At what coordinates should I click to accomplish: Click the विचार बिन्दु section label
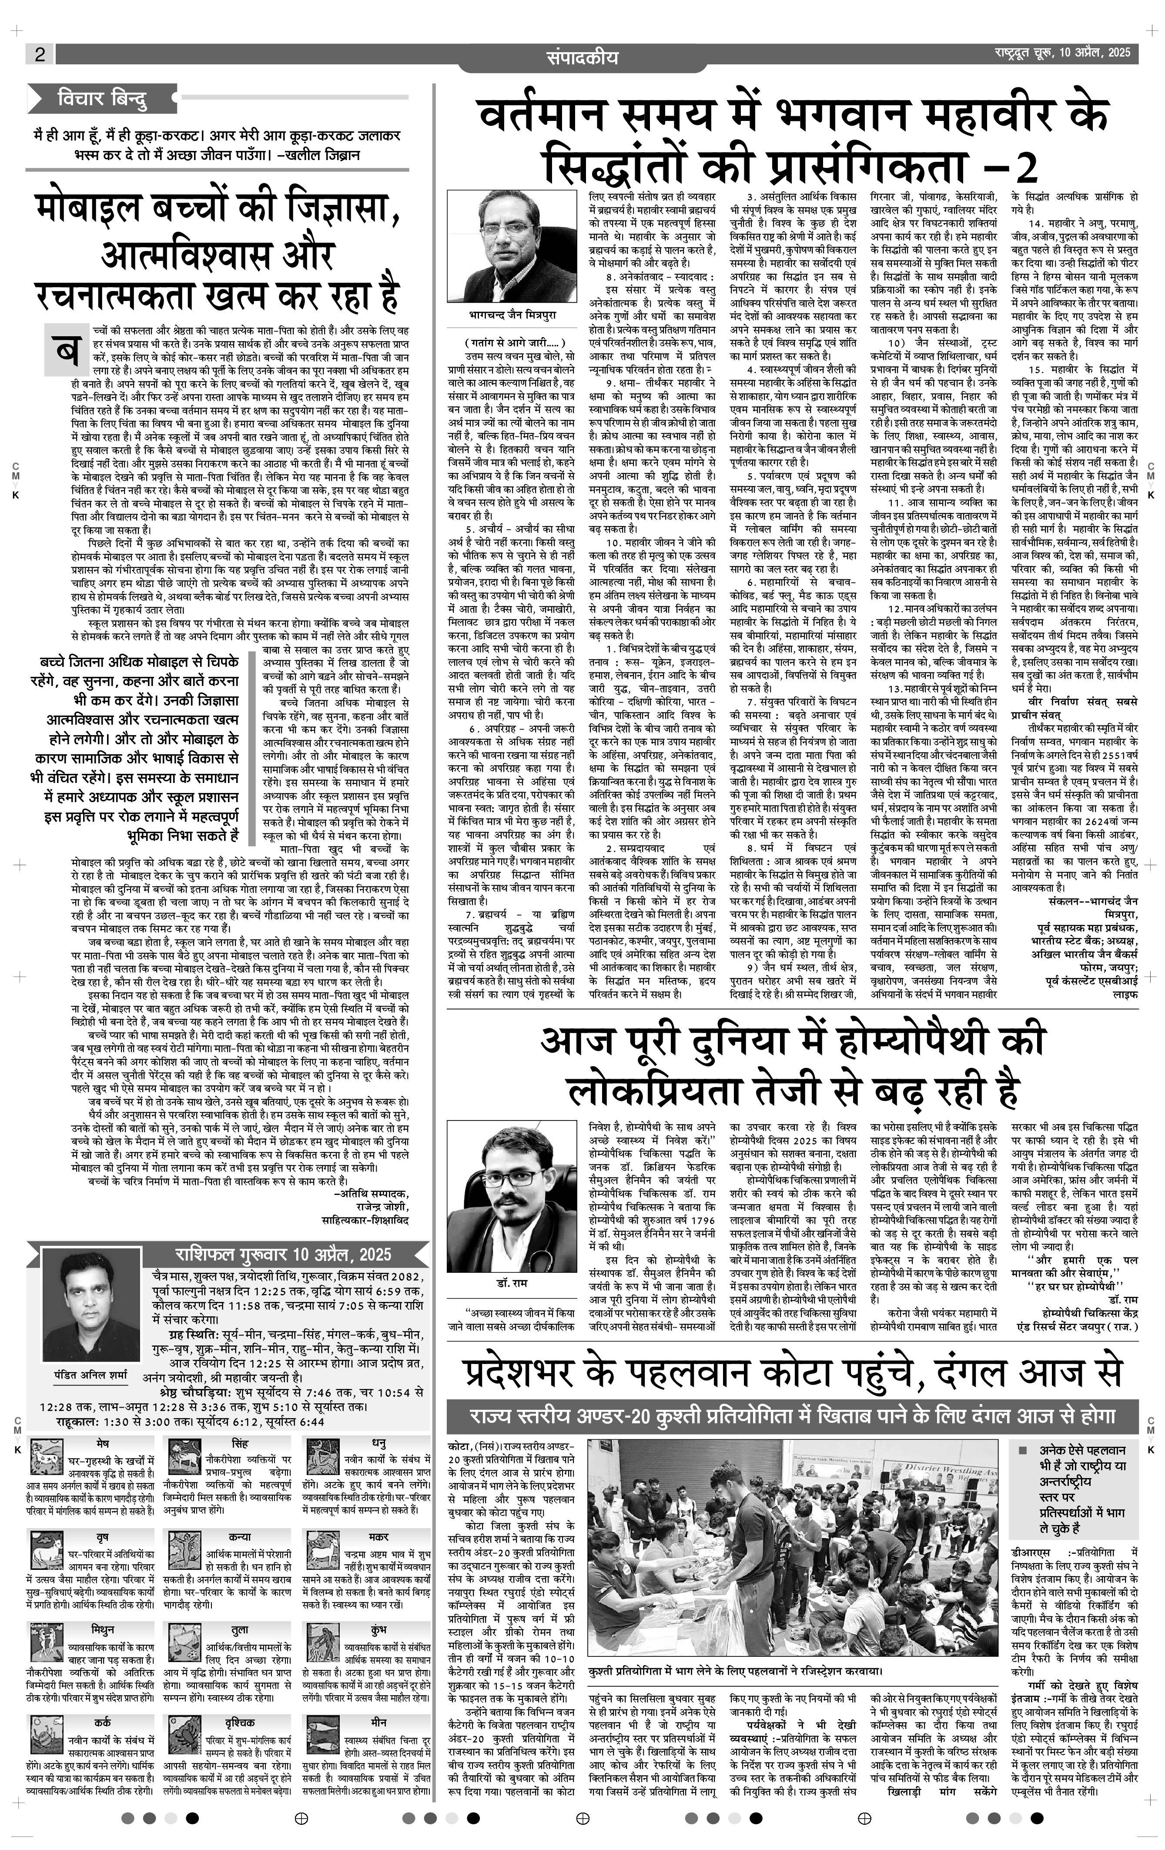point(102,99)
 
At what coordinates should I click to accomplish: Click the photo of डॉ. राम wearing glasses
point(512,1212)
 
